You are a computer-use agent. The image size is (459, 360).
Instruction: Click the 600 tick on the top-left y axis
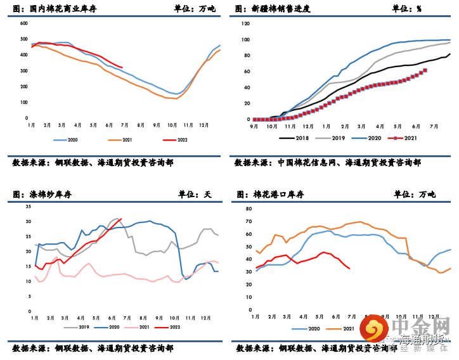pyautogui.click(x=23, y=23)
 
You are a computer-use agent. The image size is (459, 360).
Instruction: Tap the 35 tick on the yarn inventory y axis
pyautogui.click(x=27, y=207)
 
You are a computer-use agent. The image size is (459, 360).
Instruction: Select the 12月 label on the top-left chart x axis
pyautogui.click(x=204, y=126)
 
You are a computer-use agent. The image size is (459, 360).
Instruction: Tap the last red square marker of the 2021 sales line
pyautogui.click(x=425, y=70)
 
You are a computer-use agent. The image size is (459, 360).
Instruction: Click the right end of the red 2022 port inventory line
pyautogui.click(x=349, y=268)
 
